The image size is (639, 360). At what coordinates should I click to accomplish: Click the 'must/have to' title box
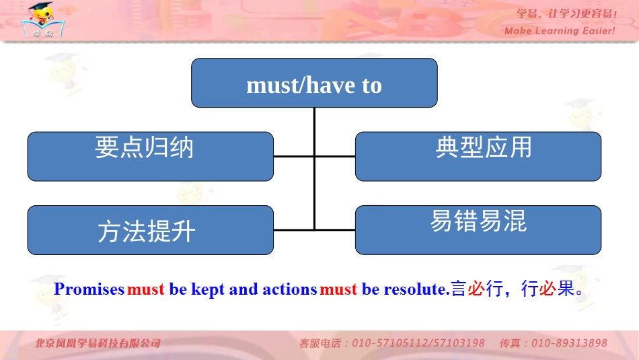click(x=314, y=83)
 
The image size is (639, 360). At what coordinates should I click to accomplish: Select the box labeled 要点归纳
click(x=150, y=156)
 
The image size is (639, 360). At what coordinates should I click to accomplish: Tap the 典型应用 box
click(x=478, y=156)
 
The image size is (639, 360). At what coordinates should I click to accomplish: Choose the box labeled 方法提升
click(x=150, y=230)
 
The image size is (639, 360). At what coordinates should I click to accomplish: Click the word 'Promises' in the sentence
click(x=89, y=289)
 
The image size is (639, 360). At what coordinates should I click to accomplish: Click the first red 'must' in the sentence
click(x=146, y=289)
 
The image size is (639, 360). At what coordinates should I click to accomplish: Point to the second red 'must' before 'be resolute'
click(x=338, y=289)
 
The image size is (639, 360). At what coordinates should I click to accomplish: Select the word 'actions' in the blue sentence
click(x=289, y=289)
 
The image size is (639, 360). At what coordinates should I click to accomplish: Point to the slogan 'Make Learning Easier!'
click(x=559, y=31)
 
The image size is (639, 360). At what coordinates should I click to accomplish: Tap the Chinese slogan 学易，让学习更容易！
click(x=566, y=13)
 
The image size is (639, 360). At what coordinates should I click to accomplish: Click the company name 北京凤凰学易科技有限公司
click(x=98, y=343)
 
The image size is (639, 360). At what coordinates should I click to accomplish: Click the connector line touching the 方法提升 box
click(x=294, y=230)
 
